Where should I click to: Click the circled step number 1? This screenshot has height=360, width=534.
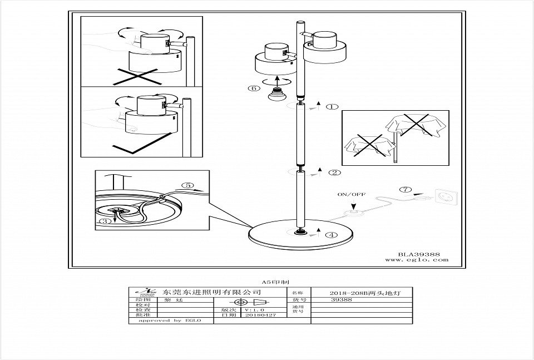click(x=332, y=107)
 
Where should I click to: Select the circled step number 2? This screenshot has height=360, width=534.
click(x=334, y=172)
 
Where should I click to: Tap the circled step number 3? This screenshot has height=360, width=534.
click(x=103, y=221)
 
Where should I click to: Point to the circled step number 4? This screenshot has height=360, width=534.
click(x=332, y=235)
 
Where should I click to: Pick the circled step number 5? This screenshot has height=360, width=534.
click(x=189, y=185)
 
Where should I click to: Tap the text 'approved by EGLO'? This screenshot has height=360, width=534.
click(x=162, y=320)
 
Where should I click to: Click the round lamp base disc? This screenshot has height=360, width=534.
click(x=301, y=235)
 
